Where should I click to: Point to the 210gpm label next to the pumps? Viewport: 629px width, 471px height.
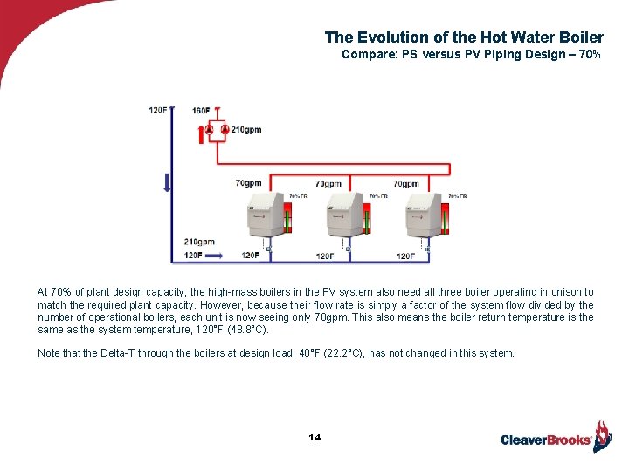[246, 130]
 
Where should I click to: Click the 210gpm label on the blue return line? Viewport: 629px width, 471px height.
[199, 242]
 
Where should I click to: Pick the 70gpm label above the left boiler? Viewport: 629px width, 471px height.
[248, 184]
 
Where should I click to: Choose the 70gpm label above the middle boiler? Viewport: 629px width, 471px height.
[328, 184]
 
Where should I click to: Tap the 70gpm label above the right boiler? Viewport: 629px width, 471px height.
[405, 184]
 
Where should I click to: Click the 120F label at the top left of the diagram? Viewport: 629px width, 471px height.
[158, 111]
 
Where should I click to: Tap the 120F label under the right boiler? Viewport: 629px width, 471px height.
[406, 256]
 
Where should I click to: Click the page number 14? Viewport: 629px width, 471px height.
[314, 436]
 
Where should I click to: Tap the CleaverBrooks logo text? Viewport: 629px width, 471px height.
[546, 440]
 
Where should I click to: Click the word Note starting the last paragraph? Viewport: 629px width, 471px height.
[50, 353]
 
